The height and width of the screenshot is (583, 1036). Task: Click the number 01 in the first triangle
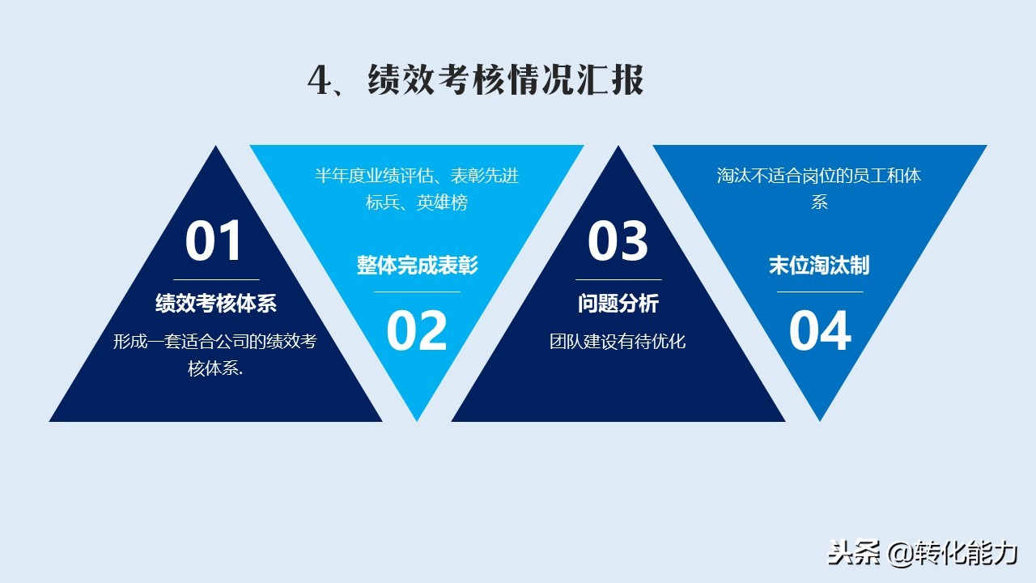tap(213, 241)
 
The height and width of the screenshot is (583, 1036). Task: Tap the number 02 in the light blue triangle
tap(417, 331)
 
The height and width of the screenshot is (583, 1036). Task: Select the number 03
tap(618, 241)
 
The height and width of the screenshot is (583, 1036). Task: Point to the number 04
tap(820, 331)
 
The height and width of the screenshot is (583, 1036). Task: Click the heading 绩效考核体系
tap(216, 304)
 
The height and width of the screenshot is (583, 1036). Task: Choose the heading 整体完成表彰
tap(417, 265)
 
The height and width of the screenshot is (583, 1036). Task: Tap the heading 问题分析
tap(618, 304)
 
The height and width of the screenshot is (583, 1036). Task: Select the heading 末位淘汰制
tap(820, 265)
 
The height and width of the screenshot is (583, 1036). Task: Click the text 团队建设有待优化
tap(618, 342)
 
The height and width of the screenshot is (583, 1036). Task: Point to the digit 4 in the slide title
tap(320, 80)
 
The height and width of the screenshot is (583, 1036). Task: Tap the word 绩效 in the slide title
tap(401, 80)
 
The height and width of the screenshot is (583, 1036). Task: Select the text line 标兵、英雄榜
tap(417, 202)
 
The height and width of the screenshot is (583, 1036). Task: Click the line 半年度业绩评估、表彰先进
tap(417, 176)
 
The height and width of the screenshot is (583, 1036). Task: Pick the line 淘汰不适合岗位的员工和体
tap(819, 176)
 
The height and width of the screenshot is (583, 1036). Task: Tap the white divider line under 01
tap(216, 280)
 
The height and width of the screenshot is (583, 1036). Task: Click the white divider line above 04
tap(820, 292)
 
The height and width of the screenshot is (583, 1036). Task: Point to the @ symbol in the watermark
tap(901, 553)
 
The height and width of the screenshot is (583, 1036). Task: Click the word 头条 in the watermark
tap(854, 553)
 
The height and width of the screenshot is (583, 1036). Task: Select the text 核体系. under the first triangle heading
tap(215, 368)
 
